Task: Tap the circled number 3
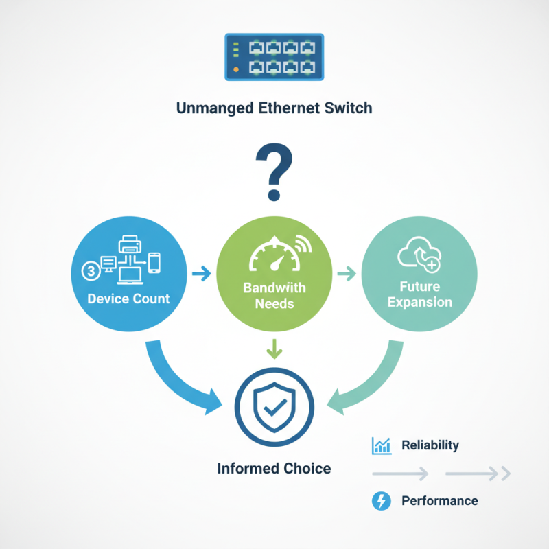point(91,271)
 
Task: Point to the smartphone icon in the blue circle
point(155,261)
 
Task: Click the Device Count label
point(128,299)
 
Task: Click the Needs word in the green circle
point(274,303)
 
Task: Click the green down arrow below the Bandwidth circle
point(274,349)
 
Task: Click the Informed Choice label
point(274,469)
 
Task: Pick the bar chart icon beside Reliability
point(381,446)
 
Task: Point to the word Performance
point(439,501)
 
